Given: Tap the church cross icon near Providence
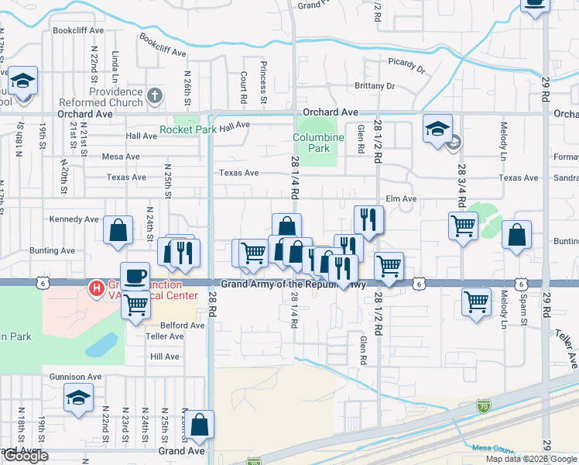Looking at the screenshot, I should click(x=155, y=97).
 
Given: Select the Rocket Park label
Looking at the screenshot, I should click(x=188, y=129).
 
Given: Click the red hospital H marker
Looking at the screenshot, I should click(x=97, y=289).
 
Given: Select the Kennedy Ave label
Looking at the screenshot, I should click(x=74, y=219).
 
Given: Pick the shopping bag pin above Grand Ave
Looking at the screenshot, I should click(x=199, y=425).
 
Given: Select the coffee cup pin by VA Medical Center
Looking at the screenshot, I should click(x=135, y=275).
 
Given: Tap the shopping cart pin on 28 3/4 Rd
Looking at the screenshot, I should click(x=463, y=226).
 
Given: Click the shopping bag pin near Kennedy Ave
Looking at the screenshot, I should click(x=117, y=231).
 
